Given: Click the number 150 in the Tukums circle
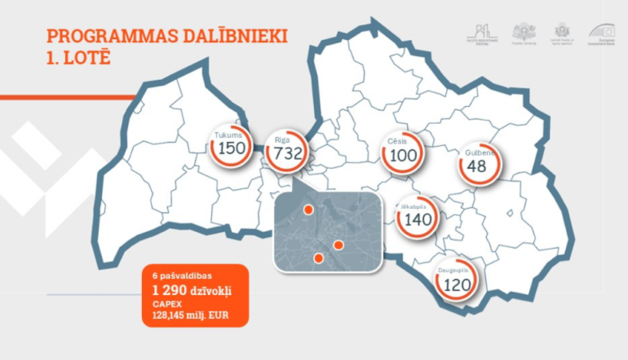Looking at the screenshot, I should click(x=232, y=148).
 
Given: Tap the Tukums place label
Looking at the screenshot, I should click(x=228, y=135).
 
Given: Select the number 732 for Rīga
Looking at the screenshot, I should click(x=288, y=153).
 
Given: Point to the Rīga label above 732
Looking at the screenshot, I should click(x=282, y=140).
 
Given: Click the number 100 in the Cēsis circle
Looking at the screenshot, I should click(x=403, y=155).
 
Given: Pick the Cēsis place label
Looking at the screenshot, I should click(x=397, y=141).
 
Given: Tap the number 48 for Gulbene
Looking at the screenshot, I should click(x=476, y=166).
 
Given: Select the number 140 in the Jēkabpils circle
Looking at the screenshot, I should click(x=418, y=219).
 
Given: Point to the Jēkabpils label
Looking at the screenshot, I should click(x=413, y=207).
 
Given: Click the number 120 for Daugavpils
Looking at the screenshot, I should click(x=457, y=285).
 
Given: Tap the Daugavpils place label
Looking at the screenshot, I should click(x=453, y=270).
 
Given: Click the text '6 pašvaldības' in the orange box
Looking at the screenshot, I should click(x=182, y=276).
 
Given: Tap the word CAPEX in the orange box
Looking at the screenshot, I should click(x=167, y=304).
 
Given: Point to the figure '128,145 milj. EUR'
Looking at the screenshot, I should click(x=190, y=315).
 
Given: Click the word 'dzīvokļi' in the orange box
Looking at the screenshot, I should click(x=211, y=291).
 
